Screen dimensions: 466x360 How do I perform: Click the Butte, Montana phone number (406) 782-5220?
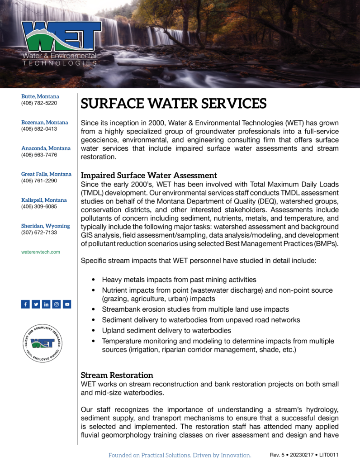[x=39, y=103]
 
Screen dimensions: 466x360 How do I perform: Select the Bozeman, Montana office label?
[x=45, y=123]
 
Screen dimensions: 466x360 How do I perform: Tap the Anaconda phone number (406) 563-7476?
[x=39, y=155]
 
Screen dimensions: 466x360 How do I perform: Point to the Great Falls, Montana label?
[x=46, y=174]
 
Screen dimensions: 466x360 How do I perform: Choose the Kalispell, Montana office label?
[x=44, y=200]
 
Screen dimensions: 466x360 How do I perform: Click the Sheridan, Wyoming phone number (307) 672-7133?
[x=39, y=233]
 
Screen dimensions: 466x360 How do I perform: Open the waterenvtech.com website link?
[x=41, y=252]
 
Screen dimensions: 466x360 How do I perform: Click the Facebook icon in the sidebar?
[x=25, y=304]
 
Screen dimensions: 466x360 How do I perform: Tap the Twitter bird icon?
[x=36, y=304]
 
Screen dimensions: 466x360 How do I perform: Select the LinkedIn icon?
[x=46, y=304]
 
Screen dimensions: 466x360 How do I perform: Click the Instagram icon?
[x=57, y=304]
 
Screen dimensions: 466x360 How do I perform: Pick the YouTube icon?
[x=67, y=304]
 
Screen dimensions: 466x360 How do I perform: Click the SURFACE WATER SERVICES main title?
[x=173, y=104]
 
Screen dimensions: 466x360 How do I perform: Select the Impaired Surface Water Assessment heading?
[x=149, y=175]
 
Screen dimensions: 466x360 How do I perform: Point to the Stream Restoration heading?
[x=117, y=375]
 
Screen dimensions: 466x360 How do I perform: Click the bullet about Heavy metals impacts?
[x=179, y=280]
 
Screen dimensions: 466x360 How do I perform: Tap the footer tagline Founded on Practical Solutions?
[x=180, y=455]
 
